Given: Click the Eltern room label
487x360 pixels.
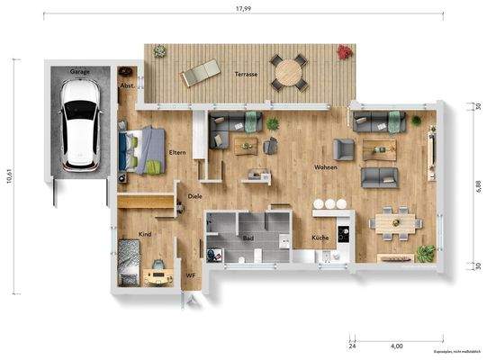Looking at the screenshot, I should tap(177, 153).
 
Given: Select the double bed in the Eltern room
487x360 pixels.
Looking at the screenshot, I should tap(140, 148).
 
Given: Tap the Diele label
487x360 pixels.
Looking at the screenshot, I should tap(194, 195).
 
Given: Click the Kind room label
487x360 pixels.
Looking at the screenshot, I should tap(145, 233).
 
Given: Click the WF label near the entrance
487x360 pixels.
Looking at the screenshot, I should tap(190, 275).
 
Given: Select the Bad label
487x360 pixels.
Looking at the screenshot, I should tap(248, 238).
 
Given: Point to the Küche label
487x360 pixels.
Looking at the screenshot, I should tap(320, 238).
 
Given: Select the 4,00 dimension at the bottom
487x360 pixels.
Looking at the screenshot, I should tap(396, 345).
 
